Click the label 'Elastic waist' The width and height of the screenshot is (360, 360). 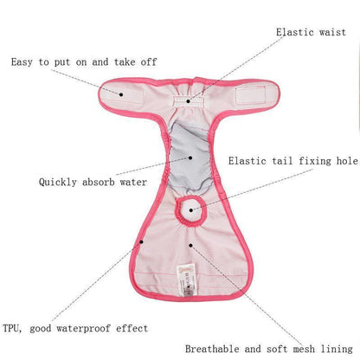coord(311,32)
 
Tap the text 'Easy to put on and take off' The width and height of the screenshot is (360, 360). coord(84,62)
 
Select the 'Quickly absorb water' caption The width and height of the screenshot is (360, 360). coord(93,183)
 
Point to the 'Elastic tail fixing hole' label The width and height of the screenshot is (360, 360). coord(293,161)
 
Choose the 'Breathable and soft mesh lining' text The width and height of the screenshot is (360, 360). coord(269,349)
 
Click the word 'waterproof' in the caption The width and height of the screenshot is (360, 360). coord(83,328)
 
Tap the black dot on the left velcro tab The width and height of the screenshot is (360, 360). coord(121,94)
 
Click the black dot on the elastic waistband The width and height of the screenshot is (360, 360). coord(188,101)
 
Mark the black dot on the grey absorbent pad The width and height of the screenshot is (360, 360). coord(190,157)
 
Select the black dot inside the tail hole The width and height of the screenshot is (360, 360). coord(191,210)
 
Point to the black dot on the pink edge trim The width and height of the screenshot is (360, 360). coord(141,241)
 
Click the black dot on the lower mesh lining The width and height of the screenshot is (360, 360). coord(190,246)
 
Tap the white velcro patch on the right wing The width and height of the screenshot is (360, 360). coord(250,95)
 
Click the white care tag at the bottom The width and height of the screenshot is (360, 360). coord(186,280)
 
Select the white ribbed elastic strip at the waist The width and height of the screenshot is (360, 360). coord(188,101)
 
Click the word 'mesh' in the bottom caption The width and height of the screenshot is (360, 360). coord(304,349)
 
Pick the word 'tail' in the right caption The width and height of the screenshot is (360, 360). coord(282,161)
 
